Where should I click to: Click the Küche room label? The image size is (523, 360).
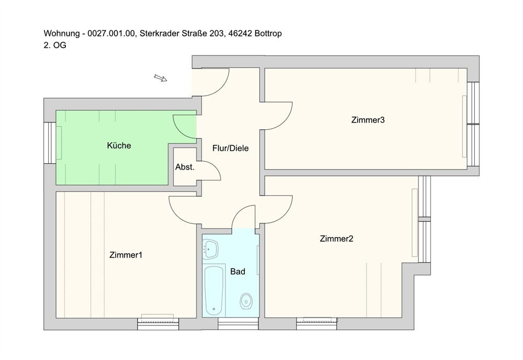point(119,145)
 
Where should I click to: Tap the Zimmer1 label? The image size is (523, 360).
point(126,255)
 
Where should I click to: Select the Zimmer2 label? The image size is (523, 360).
point(336,239)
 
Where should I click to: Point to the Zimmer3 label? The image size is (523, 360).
point(368,120)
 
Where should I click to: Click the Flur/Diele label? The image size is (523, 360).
point(231,148)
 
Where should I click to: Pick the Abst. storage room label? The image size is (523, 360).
point(185,167)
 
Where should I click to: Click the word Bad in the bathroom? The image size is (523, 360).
point(237,272)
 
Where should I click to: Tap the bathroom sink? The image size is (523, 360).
point(210,249)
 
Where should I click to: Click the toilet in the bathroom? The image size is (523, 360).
point(246,301)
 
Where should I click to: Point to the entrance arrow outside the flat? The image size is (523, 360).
point(161,78)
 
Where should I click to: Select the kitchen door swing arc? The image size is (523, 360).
point(180,131)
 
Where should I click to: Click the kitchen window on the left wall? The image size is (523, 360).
point(50,143)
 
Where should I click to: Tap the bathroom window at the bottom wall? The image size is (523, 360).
point(238,323)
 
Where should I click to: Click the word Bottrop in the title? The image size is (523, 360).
point(268,33)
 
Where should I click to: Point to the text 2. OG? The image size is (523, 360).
point(55,45)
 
